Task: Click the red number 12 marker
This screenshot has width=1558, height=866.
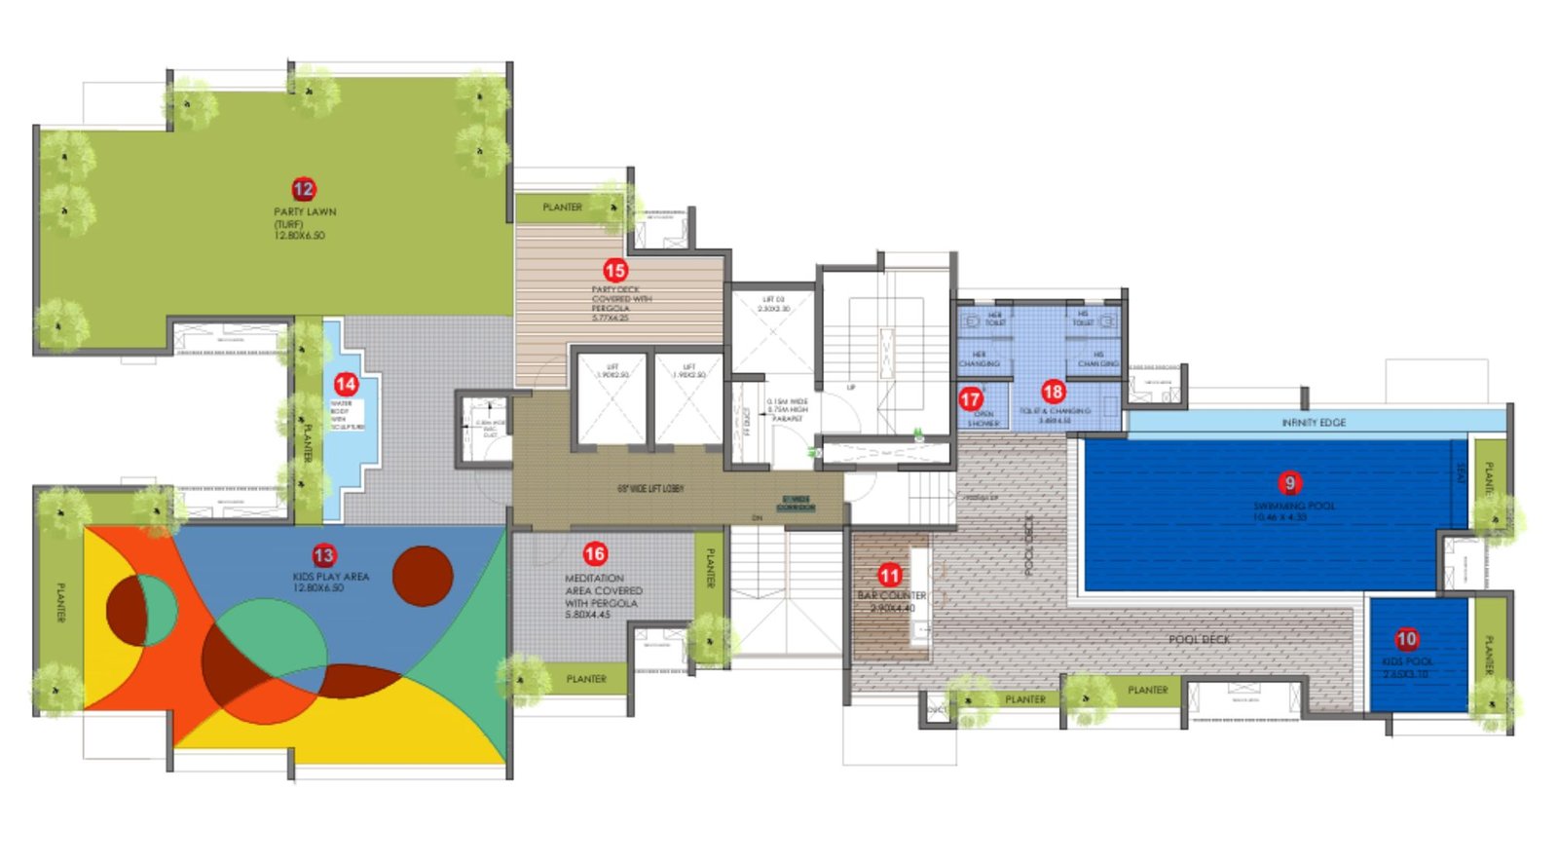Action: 304,189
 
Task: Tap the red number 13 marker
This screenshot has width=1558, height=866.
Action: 323,555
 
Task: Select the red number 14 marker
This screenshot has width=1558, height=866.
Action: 346,384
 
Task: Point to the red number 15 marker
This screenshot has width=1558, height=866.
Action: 615,270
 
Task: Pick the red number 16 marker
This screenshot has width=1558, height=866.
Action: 595,553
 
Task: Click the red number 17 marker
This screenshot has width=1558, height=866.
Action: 971,399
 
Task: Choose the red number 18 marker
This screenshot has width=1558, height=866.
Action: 1054,392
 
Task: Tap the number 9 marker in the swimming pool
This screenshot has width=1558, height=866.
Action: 1290,482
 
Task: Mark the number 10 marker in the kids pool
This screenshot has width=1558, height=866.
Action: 1406,639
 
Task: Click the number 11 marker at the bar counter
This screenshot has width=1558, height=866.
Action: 890,575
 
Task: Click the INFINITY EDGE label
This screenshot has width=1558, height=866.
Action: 1314,423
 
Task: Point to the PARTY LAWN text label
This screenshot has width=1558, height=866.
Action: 305,211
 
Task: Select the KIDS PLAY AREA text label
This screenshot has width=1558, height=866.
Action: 331,577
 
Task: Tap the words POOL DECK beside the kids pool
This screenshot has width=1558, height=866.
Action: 1200,639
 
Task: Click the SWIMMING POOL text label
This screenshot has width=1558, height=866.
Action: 1294,506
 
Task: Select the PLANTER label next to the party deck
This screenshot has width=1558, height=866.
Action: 562,207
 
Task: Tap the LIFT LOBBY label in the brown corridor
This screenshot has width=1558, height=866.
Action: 650,488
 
